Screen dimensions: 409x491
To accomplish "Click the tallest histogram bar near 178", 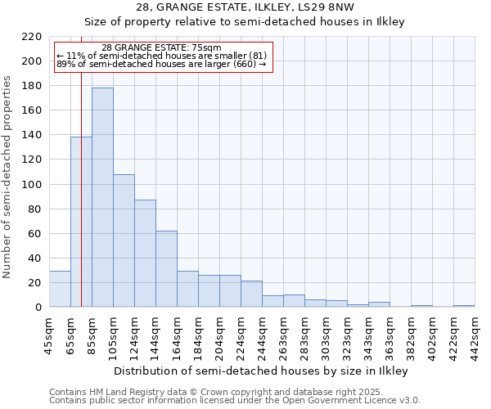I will pos(102,197).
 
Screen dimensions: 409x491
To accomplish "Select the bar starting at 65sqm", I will pos(81,222).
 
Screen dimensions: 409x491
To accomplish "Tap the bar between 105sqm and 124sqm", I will pos(124,240).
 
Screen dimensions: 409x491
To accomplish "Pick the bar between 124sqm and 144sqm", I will pos(145,253).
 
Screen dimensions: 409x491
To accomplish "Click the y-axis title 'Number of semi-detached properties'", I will pos(8,177).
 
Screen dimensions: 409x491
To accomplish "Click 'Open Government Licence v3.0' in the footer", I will pos(354,400).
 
